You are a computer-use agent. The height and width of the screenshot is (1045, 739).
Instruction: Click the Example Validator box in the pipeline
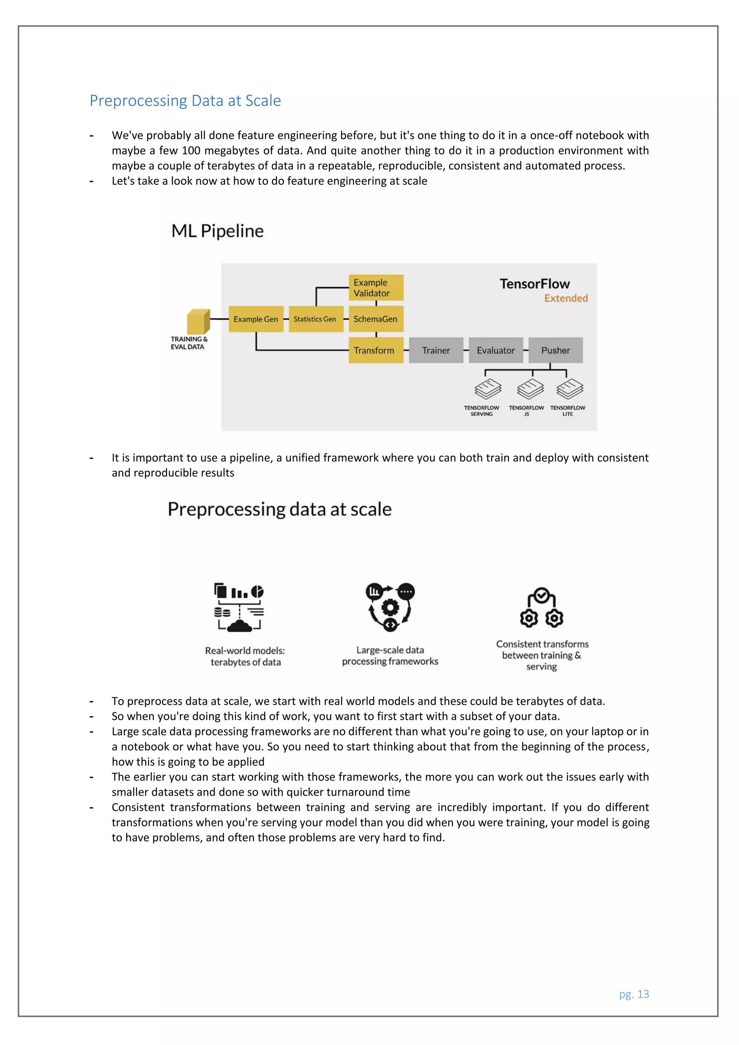(376, 288)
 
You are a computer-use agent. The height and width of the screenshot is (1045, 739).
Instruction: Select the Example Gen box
(256, 319)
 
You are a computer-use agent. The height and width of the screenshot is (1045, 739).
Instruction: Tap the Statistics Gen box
(315, 319)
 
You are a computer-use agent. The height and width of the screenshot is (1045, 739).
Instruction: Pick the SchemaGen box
(376, 319)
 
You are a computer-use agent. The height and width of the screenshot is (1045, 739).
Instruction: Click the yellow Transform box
(376, 350)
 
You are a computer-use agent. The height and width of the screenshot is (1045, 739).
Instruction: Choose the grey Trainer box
(436, 350)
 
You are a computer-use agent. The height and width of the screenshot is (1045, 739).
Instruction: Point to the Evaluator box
(495, 350)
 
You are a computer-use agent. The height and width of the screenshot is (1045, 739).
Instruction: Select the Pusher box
(556, 350)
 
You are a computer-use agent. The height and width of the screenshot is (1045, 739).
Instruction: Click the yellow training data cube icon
(198, 322)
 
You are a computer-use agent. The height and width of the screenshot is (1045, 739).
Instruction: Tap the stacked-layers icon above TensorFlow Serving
(487, 389)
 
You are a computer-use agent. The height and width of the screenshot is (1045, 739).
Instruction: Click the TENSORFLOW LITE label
(568, 411)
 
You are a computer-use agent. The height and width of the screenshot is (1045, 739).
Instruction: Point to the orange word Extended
(566, 298)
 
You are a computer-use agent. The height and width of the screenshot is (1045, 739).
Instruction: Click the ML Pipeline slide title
(218, 231)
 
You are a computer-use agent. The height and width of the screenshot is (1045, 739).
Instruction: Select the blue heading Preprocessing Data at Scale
(185, 101)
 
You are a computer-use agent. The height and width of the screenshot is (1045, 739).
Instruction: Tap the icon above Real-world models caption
(239, 608)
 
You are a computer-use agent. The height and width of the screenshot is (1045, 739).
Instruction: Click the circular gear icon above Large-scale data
(390, 607)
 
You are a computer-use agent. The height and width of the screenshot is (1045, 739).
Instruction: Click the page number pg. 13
(634, 994)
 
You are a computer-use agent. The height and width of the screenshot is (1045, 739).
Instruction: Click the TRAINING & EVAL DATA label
(189, 343)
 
